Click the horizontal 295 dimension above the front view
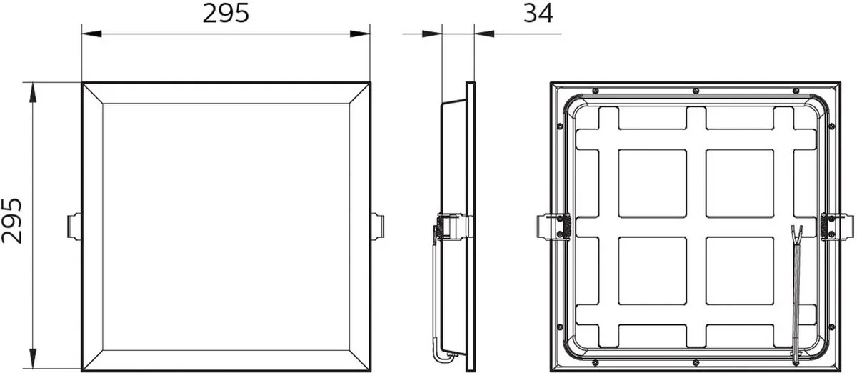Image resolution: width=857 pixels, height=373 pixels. coord(226,14)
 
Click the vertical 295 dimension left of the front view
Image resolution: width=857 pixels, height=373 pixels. coord(12,221)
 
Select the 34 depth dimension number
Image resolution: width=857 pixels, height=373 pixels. coord(538,14)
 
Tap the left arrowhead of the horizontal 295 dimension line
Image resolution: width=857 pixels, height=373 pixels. coord(91,34)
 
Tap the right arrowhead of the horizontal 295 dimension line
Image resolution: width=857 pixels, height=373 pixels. coord(360,34)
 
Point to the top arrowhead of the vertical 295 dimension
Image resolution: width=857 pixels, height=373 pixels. coord(34,92)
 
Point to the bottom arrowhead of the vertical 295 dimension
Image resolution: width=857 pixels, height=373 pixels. coord(34,359)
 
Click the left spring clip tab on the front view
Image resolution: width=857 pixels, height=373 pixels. coord(74,227)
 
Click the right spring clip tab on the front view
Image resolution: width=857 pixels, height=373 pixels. coord(377,227)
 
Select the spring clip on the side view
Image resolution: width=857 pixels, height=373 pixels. coord(453,227)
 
